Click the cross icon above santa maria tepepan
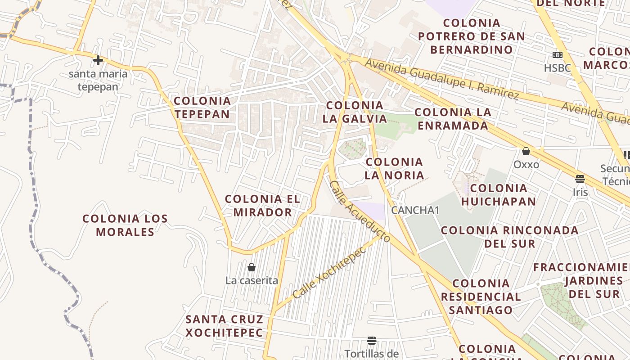pyautogui.click(x=98, y=60)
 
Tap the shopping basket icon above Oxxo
pyautogui.click(x=526, y=151)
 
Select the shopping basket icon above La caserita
pyautogui.click(x=252, y=267)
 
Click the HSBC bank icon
pyautogui.click(x=558, y=55)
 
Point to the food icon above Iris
pyautogui.click(x=580, y=179)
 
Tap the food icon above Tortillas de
pyautogui.click(x=371, y=340)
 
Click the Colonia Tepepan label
pyautogui.click(x=202, y=108)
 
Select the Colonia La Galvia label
pyautogui.click(x=355, y=112)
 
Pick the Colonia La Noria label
pyautogui.click(x=394, y=168)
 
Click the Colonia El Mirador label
pyautogui.click(x=262, y=205)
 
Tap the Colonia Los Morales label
pyautogui.click(x=125, y=225)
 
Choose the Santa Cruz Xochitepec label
pyautogui.click(x=224, y=326)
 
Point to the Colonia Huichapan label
pyautogui.click(x=499, y=194)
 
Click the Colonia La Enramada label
pyautogui.click(x=453, y=119)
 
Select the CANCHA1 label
pyautogui.click(x=415, y=210)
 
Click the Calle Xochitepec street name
pyautogui.click(x=329, y=273)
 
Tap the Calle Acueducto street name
pyautogui.click(x=359, y=211)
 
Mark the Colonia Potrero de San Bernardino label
pyautogui.click(x=471, y=36)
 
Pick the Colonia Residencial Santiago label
pyautogui.click(x=481, y=297)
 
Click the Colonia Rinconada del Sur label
pyautogui.click(x=509, y=237)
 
